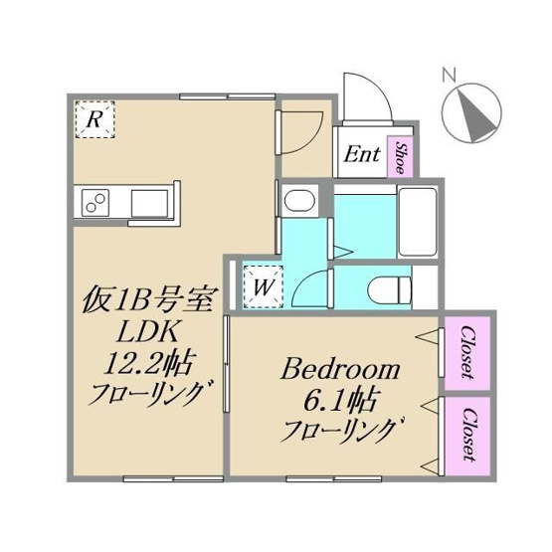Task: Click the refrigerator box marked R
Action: click(93, 120)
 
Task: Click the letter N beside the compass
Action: click(448, 74)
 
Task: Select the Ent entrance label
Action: click(361, 154)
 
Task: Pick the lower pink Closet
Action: click(465, 436)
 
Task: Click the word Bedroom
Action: click(341, 371)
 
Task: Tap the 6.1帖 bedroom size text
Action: click(340, 402)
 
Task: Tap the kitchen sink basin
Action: click(152, 202)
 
